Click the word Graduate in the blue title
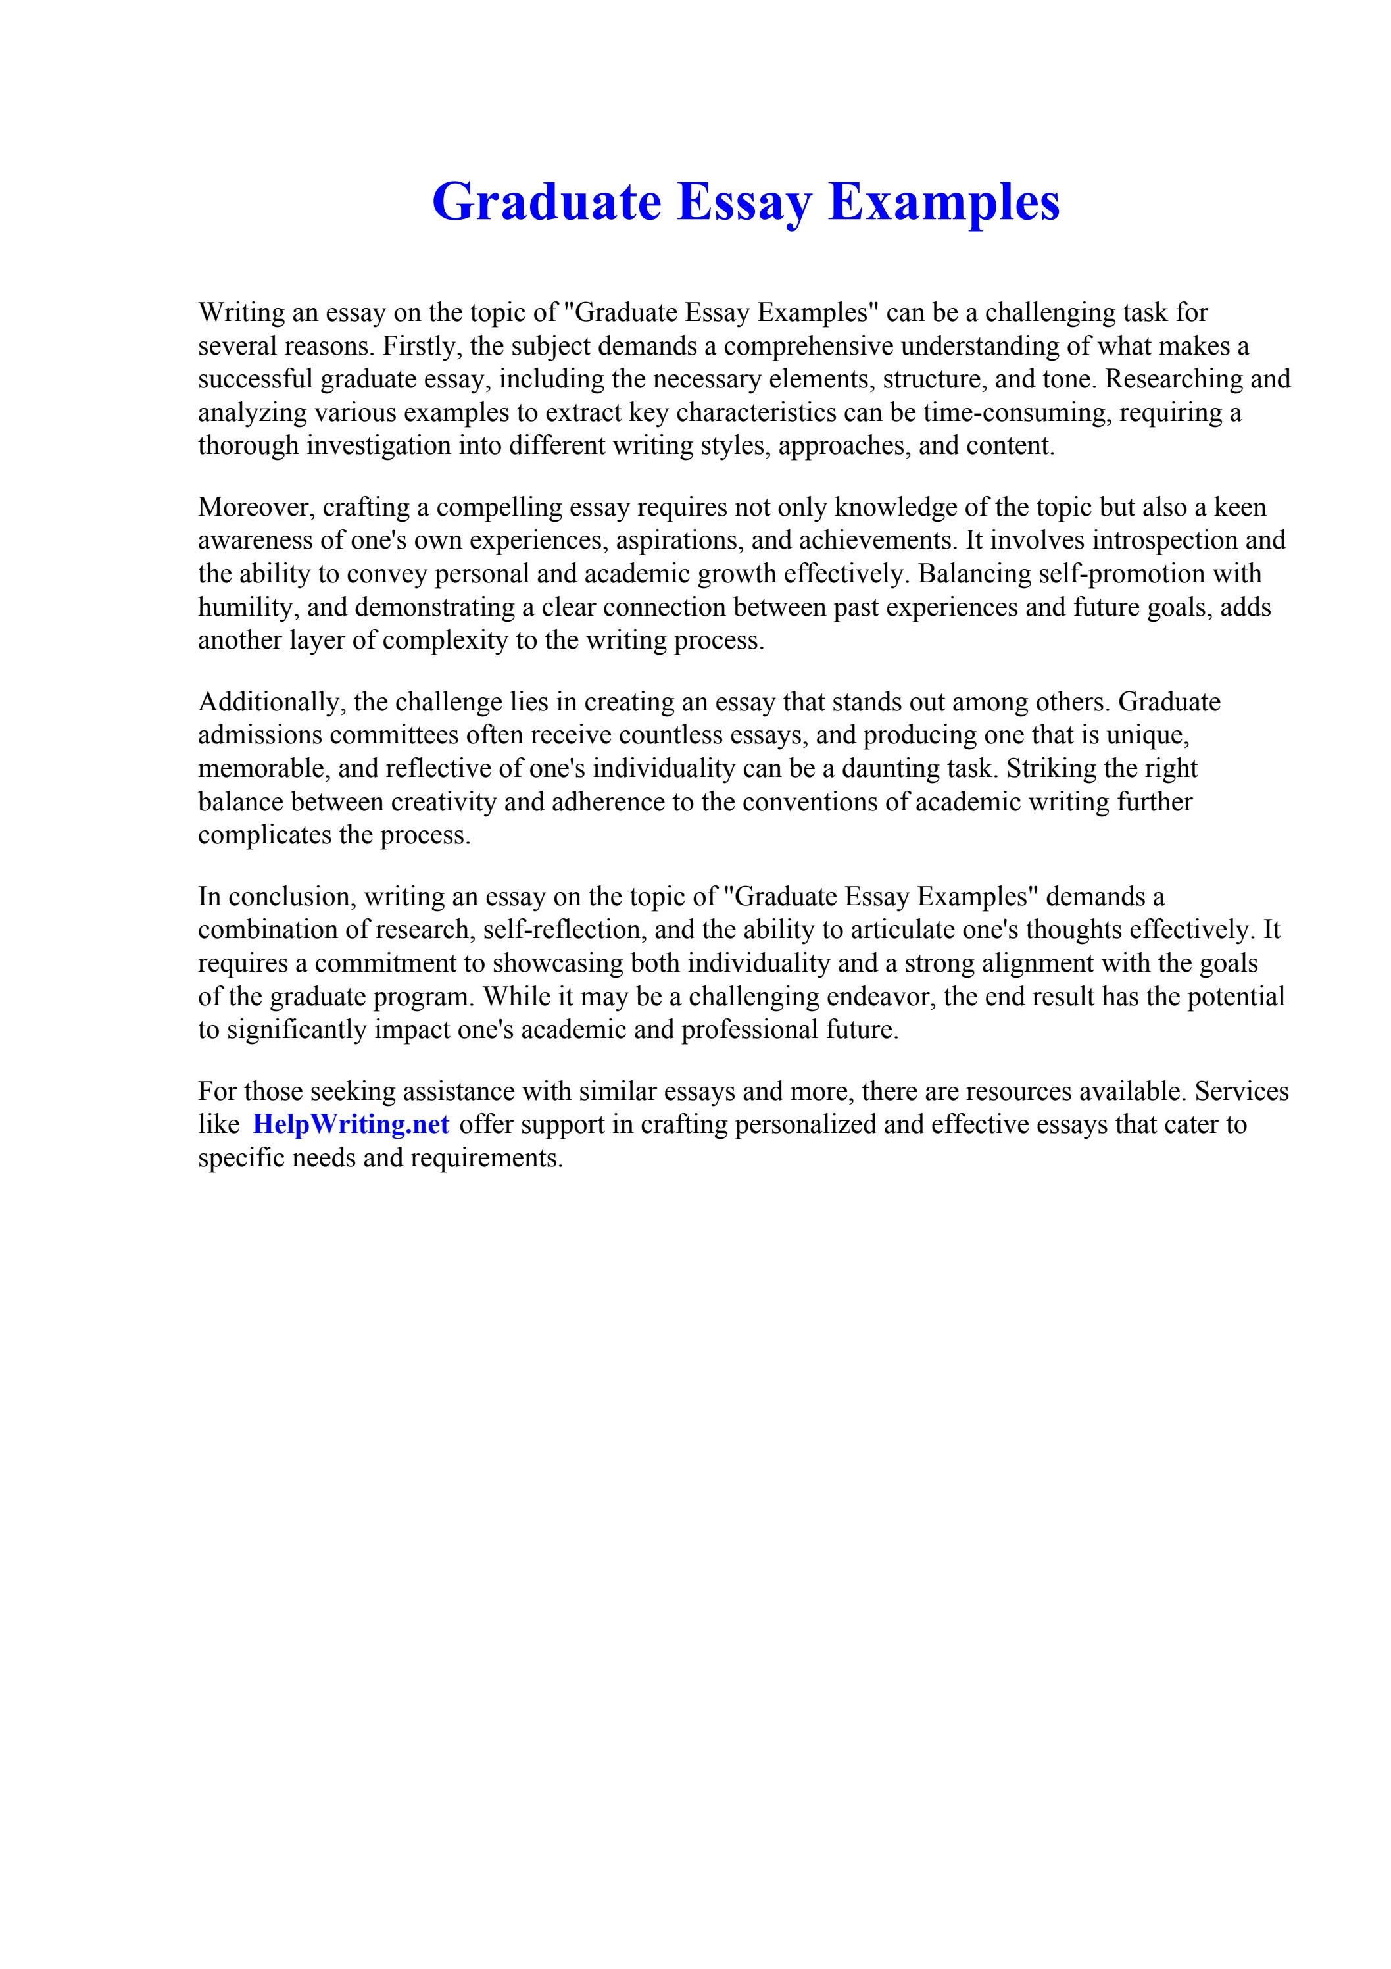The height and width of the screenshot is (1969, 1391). (547, 203)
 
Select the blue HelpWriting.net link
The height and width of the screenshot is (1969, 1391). (351, 1124)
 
